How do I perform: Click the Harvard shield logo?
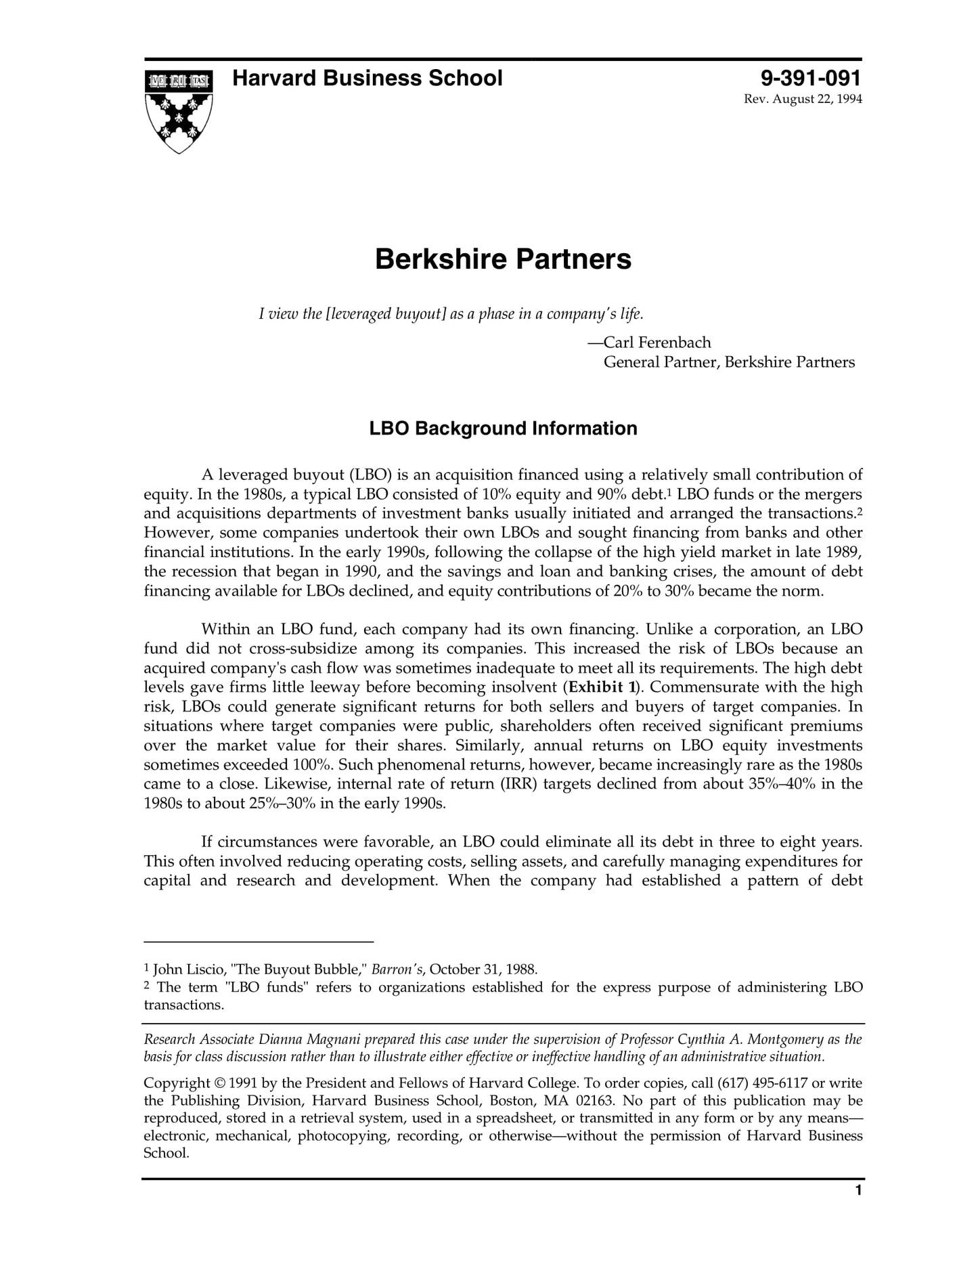tap(179, 110)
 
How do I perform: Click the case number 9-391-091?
tap(811, 79)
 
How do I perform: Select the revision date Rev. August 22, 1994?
tap(803, 100)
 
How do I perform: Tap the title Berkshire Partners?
tap(503, 259)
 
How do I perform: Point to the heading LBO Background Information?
tap(503, 429)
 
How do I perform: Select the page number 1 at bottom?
tap(858, 1209)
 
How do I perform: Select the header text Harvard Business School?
tap(367, 79)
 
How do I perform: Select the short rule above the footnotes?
tap(259, 941)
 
